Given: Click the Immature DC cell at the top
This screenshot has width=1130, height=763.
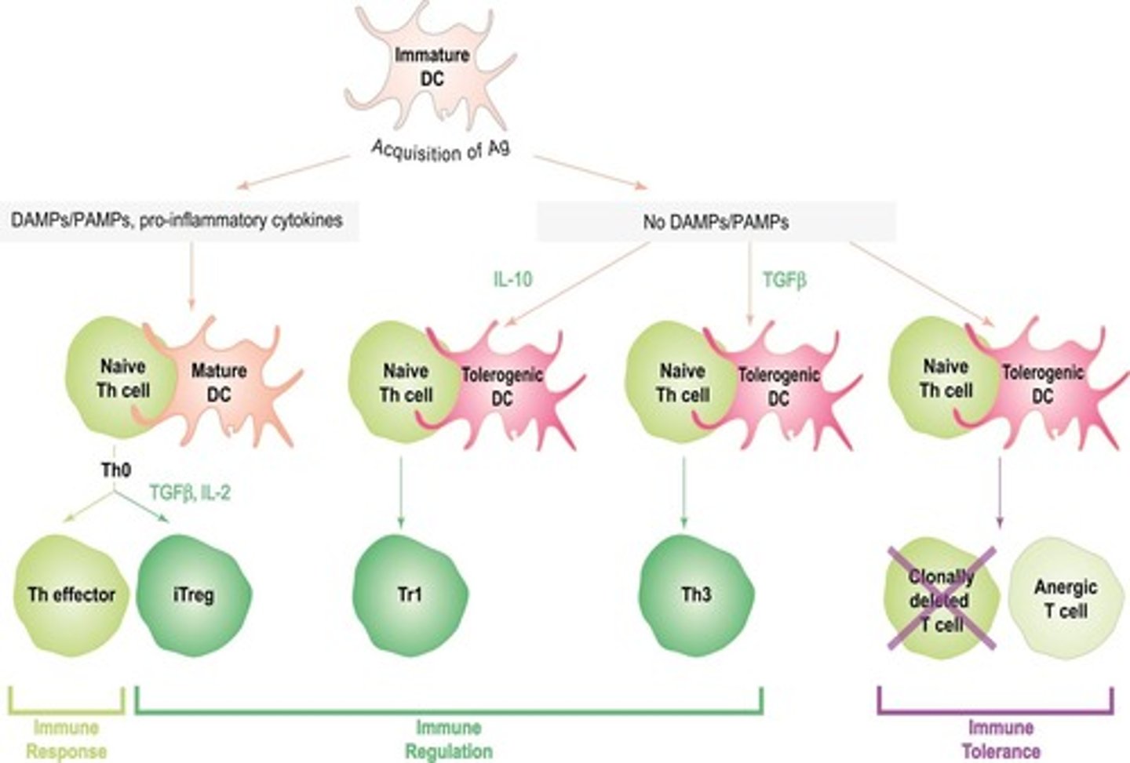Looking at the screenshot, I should point(430,67).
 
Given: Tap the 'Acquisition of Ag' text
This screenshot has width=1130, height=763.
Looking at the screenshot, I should point(440,148).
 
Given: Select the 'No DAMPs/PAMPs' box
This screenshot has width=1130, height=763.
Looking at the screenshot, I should point(715,222).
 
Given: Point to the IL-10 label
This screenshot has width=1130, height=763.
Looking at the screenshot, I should point(512,278).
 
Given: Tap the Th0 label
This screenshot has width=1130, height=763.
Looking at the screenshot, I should point(116,471).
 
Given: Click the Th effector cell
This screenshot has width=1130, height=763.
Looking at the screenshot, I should point(71,595).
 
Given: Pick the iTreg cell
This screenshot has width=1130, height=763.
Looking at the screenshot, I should point(194,595).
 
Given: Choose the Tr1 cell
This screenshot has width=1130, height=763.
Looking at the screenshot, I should point(409,595).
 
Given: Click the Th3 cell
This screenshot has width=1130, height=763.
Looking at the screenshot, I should point(695,595).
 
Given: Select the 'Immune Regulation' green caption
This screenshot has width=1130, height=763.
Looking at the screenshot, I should point(448,739).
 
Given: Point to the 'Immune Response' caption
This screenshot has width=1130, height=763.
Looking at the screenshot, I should point(67,739).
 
